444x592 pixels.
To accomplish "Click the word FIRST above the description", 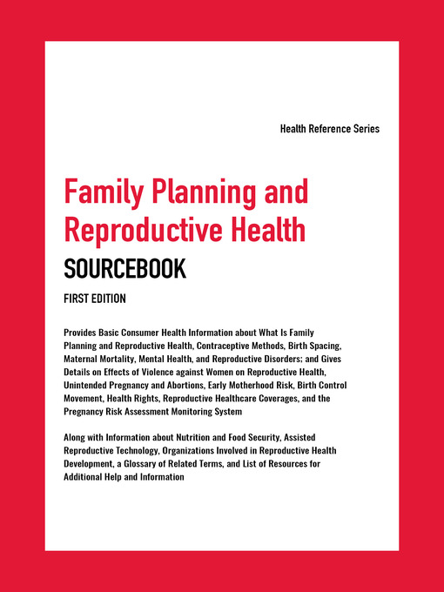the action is click(77, 299).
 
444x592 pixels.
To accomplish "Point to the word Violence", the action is click(149, 373).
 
